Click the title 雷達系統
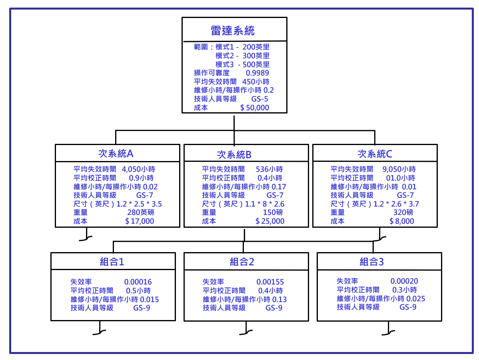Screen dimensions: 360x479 (233, 30)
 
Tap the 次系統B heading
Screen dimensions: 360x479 (234, 155)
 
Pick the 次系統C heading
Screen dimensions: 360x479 (375, 154)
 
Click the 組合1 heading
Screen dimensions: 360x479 (112, 262)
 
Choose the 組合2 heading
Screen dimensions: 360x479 (242, 262)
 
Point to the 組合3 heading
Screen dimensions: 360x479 (372, 262)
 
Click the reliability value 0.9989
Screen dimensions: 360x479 (257, 73)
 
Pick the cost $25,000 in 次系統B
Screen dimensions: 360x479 (270, 221)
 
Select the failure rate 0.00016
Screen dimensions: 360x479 (138, 282)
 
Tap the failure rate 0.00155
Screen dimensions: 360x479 (270, 282)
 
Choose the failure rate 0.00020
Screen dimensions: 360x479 (404, 281)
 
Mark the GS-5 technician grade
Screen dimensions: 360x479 (260, 99)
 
